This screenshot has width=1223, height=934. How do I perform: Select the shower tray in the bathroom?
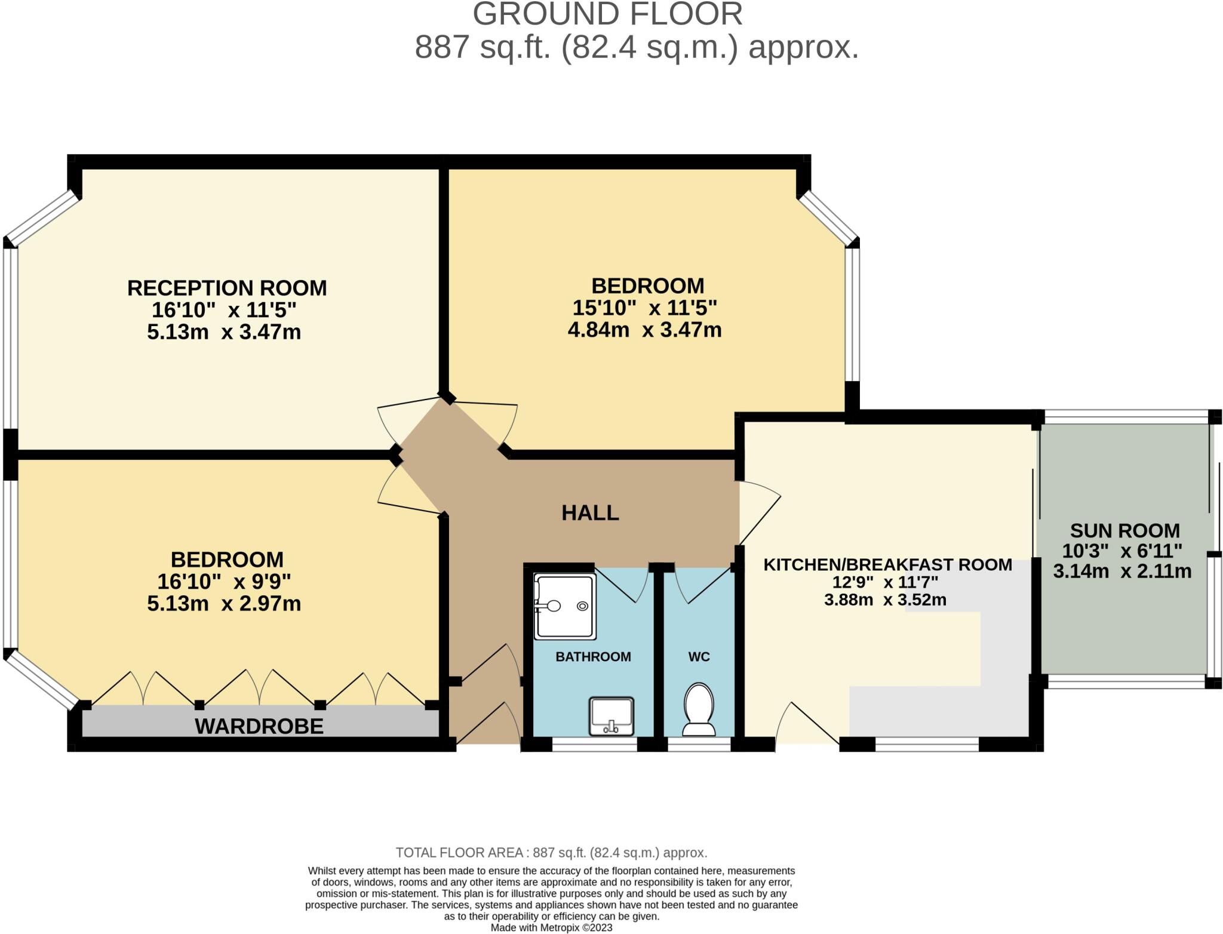[564, 606]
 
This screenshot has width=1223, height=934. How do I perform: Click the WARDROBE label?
[259, 726]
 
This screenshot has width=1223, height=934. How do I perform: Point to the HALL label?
[590, 513]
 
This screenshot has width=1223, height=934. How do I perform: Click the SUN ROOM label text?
[1124, 530]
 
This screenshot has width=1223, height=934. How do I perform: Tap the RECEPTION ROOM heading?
[227, 288]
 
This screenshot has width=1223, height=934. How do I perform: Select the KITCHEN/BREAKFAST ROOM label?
[887, 564]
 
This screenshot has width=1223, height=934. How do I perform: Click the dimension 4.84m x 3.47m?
[644, 330]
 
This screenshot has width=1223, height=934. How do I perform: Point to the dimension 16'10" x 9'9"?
[224, 582]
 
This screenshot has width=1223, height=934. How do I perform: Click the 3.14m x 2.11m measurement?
[1122, 572]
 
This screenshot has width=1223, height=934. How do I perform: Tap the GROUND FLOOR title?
[607, 14]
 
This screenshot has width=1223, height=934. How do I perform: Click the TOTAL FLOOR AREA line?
[551, 852]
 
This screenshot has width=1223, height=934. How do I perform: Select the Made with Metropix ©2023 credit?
[551, 927]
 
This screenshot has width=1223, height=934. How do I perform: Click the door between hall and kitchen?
[758, 514]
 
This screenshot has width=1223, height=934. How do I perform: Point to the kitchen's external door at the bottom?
[806, 726]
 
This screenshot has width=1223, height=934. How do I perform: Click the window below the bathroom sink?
[594, 745]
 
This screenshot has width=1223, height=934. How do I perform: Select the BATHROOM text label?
[593, 657]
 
